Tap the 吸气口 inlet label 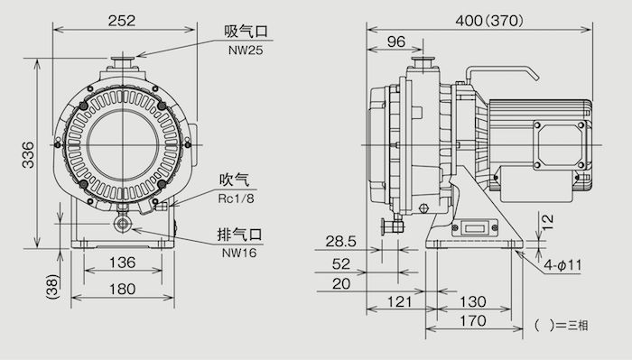click(x=246, y=33)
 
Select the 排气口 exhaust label click(x=240, y=235)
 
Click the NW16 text click(x=239, y=253)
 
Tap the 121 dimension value click(x=394, y=302)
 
